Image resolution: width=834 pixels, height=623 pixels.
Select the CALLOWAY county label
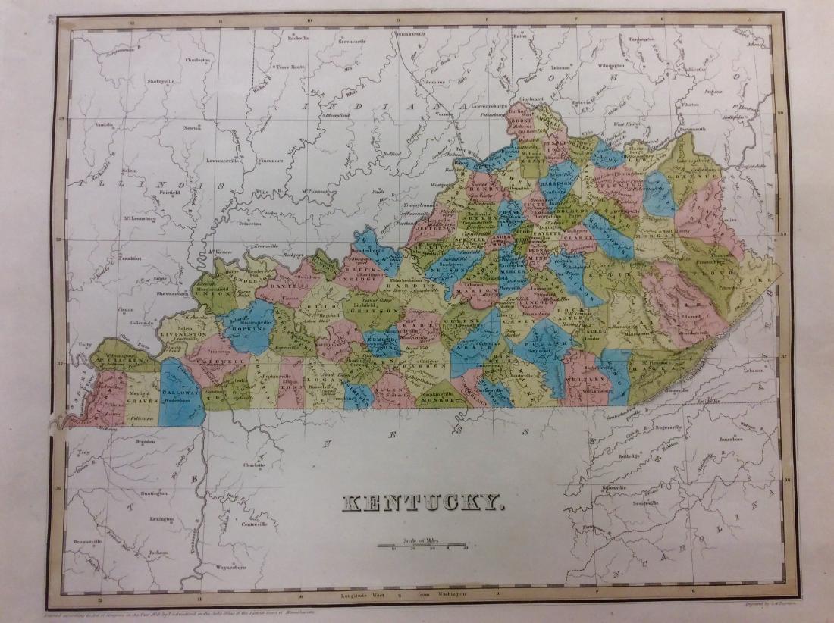point(180,394)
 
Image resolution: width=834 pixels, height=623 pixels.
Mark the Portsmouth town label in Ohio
point(692,128)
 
